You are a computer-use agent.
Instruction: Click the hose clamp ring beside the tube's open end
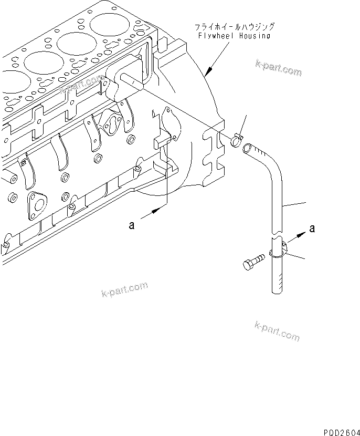[236, 140]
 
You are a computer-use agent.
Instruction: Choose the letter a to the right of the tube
[313, 229]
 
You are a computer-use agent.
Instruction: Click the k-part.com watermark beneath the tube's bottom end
[277, 331]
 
